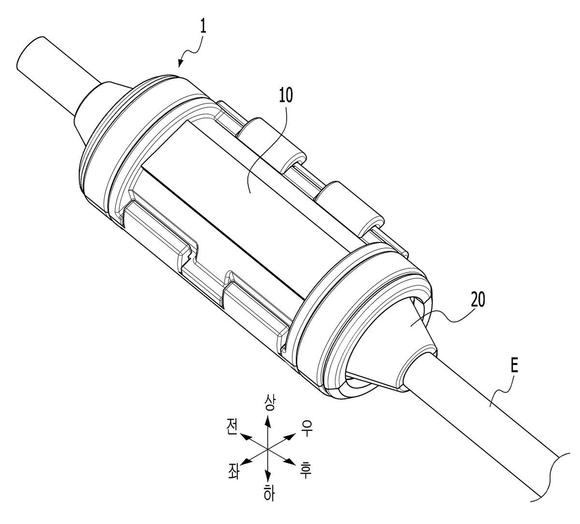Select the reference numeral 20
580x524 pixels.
478,300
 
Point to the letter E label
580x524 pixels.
514,367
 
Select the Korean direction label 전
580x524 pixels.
232,427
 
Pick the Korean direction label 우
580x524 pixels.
306,428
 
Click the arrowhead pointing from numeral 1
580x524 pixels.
181,63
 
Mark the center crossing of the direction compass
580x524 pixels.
268,449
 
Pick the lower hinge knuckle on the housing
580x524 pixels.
350,207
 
